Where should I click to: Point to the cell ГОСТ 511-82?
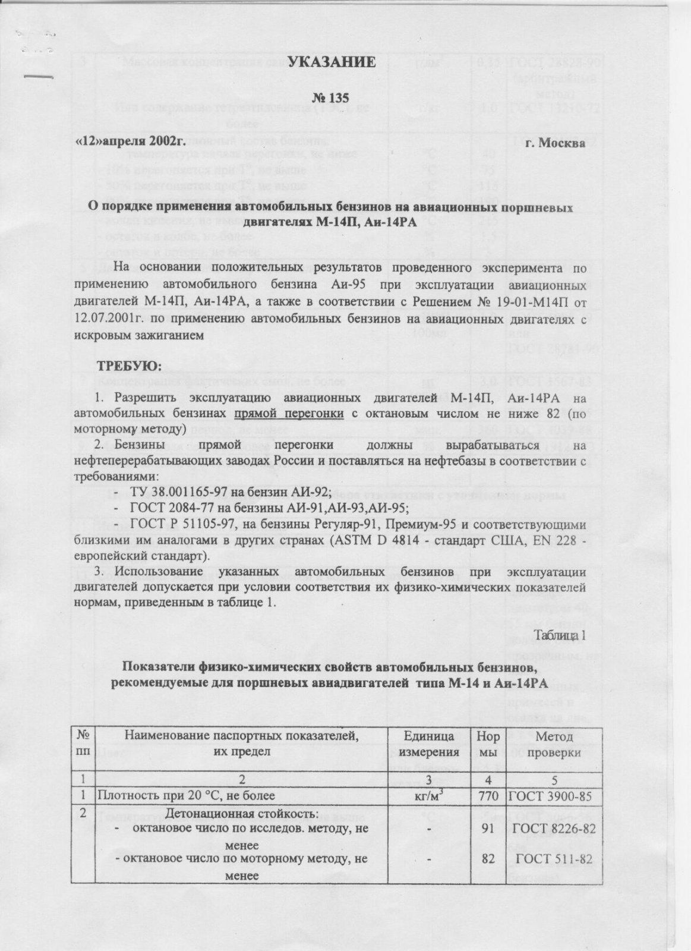click(x=553, y=859)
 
